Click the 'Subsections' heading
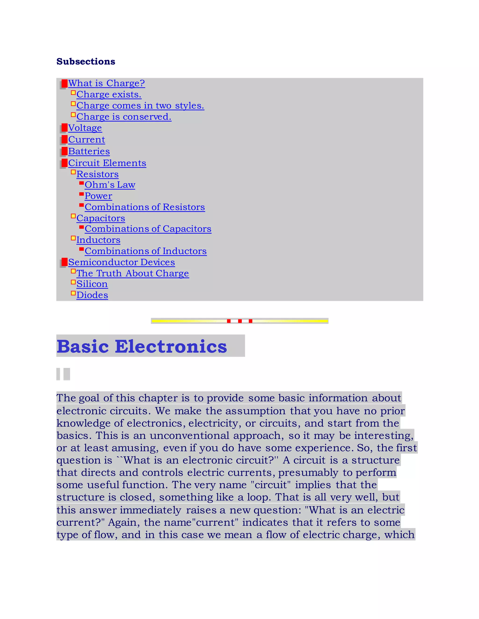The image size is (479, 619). click(86, 61)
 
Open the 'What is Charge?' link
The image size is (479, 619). click(106, 83)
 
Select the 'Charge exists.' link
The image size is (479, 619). click(109, 94)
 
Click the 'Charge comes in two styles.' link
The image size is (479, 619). click(140, 105)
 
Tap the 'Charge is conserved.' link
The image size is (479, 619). click(124, 117)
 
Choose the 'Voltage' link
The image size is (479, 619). click(85, 128)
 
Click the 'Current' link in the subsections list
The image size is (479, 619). click(87, 139)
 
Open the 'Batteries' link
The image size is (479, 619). click(89, 151)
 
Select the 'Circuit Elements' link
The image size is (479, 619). click(107, 163)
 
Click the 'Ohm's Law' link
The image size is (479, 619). click(110, 185)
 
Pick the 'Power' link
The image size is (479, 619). click(98, 196)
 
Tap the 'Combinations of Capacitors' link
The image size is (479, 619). click(148, 229)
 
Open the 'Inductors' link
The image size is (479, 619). click(98, 240)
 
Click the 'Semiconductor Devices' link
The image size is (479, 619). click(121, 262)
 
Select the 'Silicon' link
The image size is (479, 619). click(92, 284)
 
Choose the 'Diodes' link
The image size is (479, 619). click(92, 295)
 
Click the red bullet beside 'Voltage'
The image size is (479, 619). click(64, 128)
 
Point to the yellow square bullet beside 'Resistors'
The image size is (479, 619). click(73, 172)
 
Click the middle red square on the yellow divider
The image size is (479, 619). click(240, 321)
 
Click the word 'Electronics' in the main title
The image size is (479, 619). click(171, 346)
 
